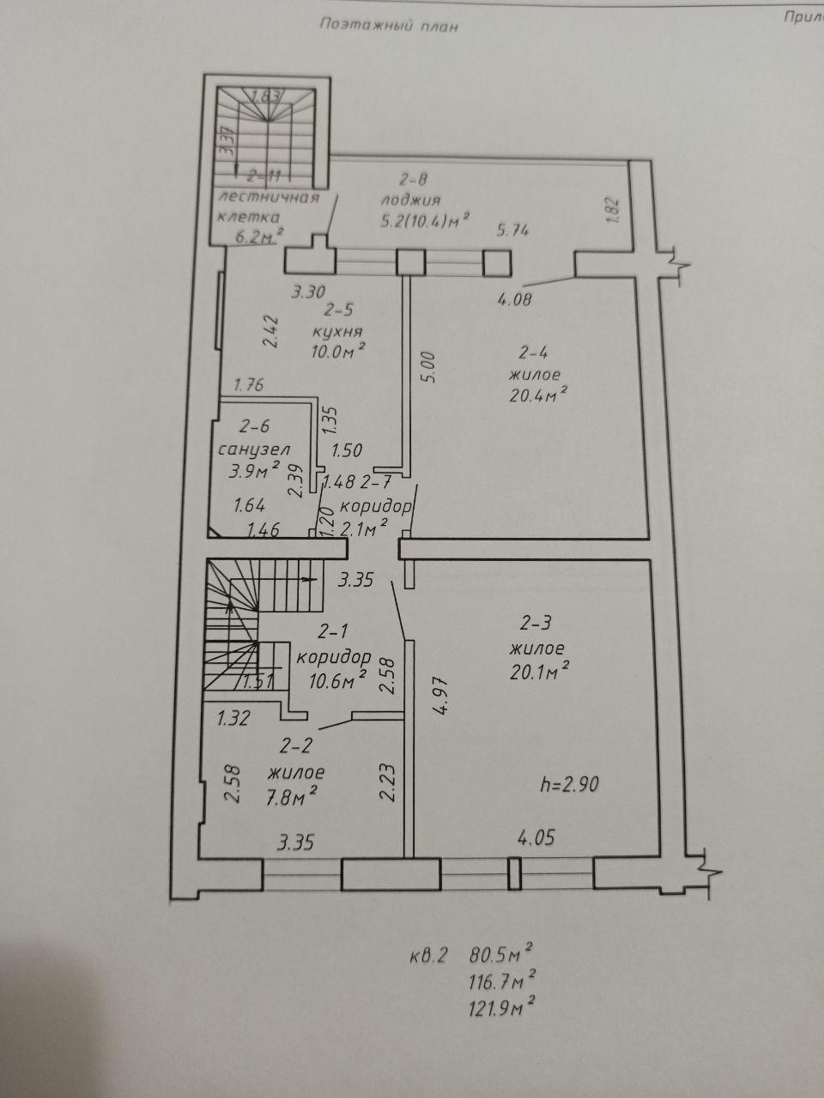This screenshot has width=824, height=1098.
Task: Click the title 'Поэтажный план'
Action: click(x=389, y=26)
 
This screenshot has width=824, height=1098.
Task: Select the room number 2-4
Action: click(x=533, y=353)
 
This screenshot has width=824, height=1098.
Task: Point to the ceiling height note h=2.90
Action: click(x=569, y=784)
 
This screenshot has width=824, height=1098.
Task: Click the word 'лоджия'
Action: click(x=411, y=200)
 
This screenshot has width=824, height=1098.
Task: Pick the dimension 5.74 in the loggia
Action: click(x=512, y=230)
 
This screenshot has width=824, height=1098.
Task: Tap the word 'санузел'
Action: click(x=254, y=449)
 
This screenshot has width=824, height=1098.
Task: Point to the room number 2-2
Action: click(x=295, y=745)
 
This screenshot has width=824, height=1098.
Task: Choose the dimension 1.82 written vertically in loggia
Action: click(x=615, y=210)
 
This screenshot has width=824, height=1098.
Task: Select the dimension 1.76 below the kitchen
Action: click(x=249, y=384)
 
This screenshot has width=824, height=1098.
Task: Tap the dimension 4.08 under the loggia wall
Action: click(x=515, y=299)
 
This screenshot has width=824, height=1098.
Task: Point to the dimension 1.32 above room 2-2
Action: click(x=233, y=719)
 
